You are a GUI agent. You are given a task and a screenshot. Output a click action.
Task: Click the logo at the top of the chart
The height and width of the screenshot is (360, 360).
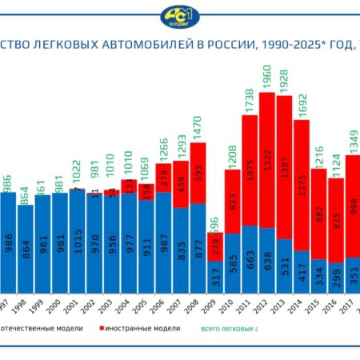[x=180, y=17]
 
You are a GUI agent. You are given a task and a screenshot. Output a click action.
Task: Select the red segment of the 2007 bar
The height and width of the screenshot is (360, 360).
[x=181, y=182]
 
